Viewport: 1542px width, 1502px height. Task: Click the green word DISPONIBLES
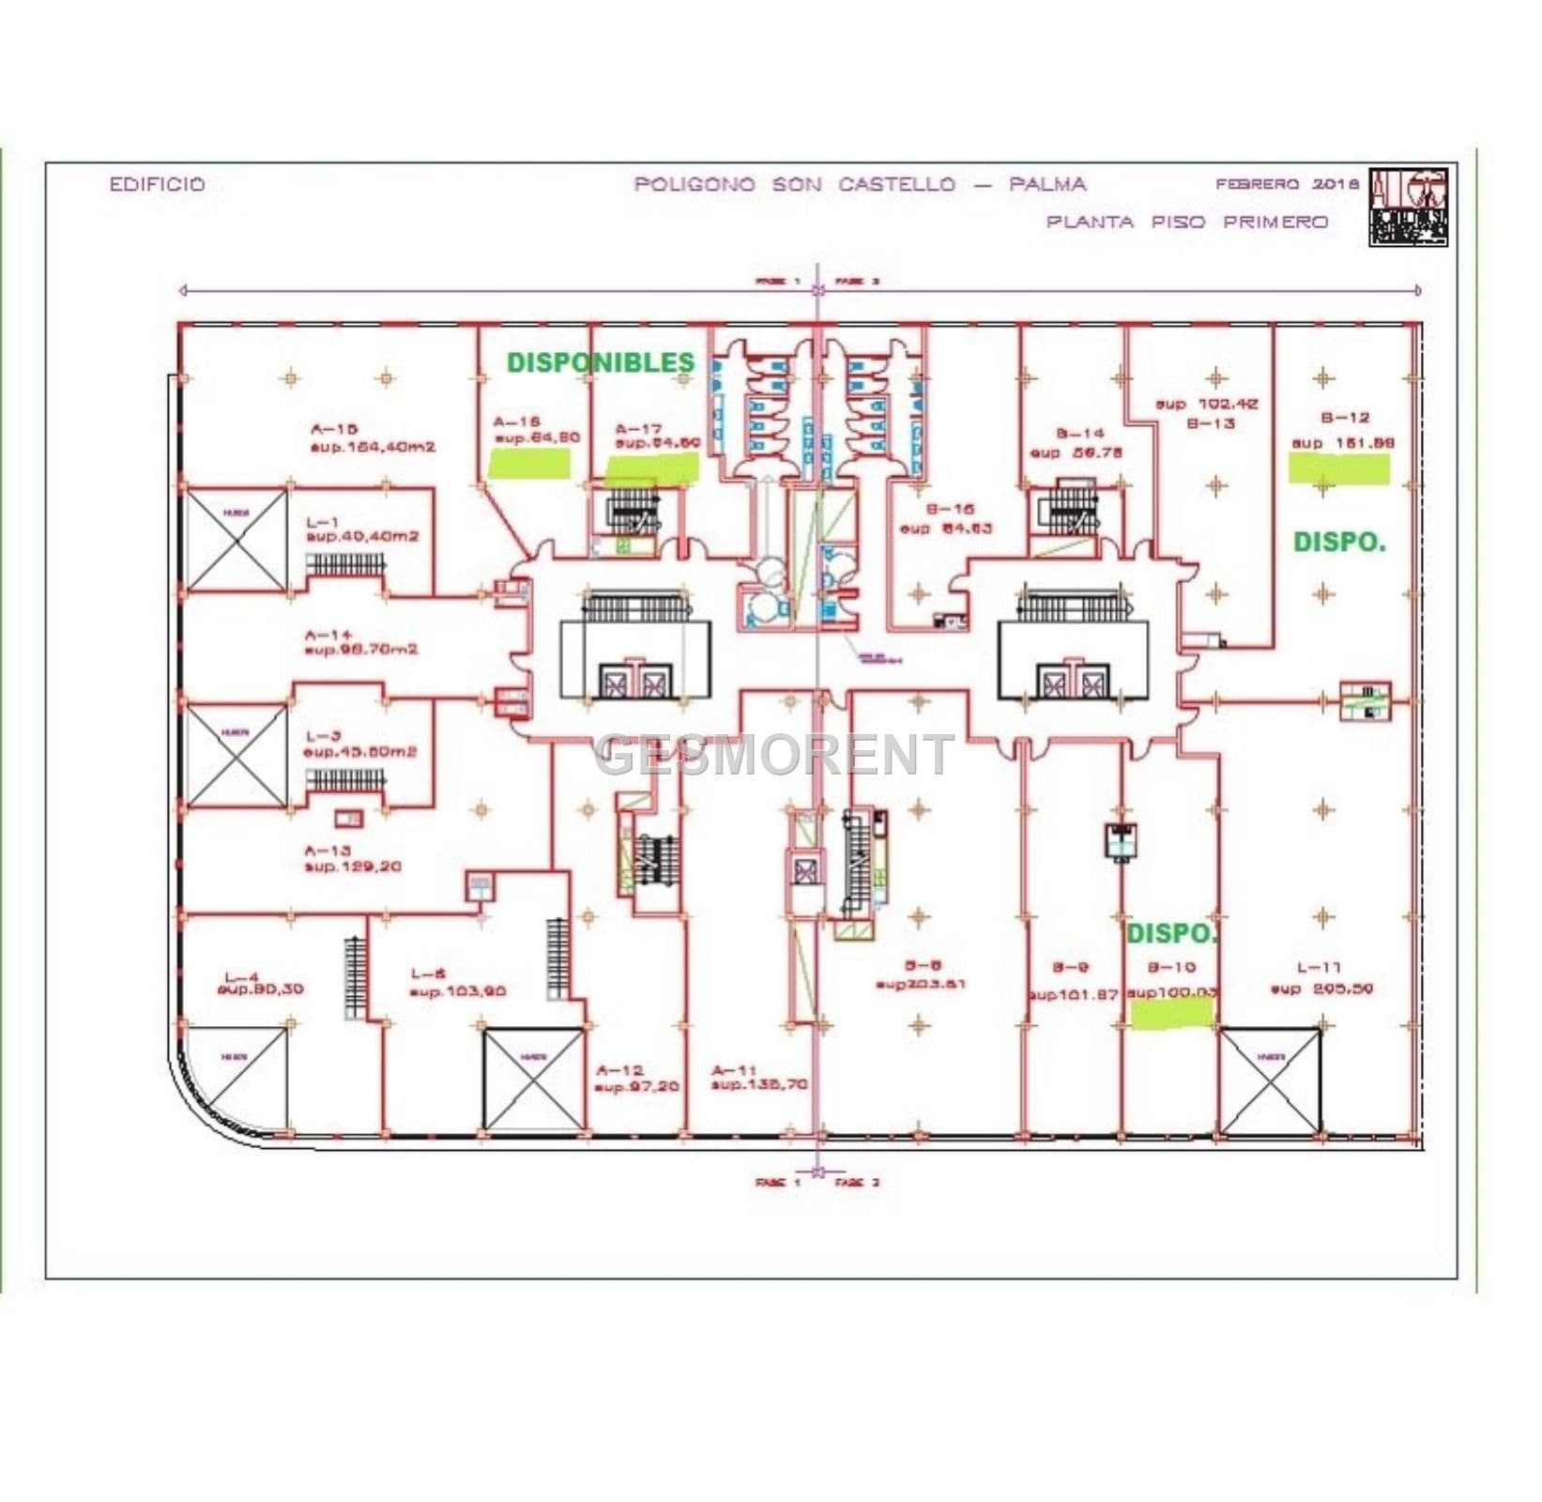601,362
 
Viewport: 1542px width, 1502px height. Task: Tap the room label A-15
334,429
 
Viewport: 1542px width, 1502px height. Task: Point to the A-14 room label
328,636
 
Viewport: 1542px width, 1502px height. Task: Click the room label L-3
323,736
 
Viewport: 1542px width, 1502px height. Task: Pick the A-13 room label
328,851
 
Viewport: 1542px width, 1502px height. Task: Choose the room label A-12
620,1070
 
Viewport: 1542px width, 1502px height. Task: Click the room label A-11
734,1070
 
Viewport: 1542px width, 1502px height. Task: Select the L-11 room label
1320,967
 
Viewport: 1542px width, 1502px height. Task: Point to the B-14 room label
1079,434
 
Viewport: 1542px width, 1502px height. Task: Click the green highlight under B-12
1338,467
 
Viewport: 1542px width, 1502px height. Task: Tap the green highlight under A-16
530,462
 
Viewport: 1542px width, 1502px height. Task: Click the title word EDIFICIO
157,184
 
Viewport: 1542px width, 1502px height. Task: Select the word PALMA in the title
1047,184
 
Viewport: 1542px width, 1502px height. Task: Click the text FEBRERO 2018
1286,184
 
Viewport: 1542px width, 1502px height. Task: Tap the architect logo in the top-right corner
1408,207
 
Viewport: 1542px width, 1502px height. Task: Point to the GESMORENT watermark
773,754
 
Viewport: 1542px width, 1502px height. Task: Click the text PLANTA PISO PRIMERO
1187,222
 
